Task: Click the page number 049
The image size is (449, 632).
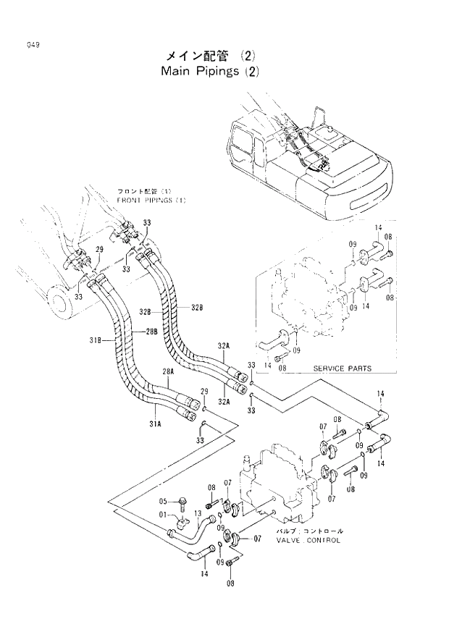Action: (x=30, y=44)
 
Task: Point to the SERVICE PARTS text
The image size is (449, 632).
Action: (x=342, y=368)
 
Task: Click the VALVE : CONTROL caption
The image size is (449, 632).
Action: (x=307, y=540)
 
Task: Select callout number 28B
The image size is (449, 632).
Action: (x=151, y=332)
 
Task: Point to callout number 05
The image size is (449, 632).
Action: (x=163, y=501)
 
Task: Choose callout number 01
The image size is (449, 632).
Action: (x=163, y=516)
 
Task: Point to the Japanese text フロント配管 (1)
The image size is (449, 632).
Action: (x=143, y=192)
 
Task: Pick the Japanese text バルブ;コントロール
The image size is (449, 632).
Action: (x=309, y=531)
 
